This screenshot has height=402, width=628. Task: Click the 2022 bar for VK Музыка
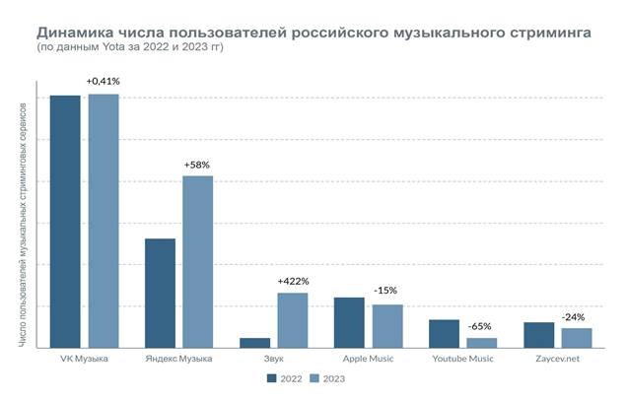click(x=65, y=222)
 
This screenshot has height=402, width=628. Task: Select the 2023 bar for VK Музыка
click(x=104, y=221)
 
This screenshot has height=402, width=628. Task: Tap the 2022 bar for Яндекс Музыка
click(x=160, y=293)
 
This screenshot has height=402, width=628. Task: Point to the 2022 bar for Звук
click(x=254, y=342)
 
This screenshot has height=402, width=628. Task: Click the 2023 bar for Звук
click(x=293, y=320)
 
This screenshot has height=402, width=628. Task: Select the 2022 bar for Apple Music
click(x=349, y=322)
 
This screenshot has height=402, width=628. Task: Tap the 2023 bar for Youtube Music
click(x=482, y=342)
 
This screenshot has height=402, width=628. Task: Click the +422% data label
click(x=293, y=282)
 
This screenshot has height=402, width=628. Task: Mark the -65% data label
click(x=482, y=326)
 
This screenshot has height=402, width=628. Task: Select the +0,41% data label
click(x=104, y=81)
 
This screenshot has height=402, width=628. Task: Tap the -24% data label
click(x=573, y=316)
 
